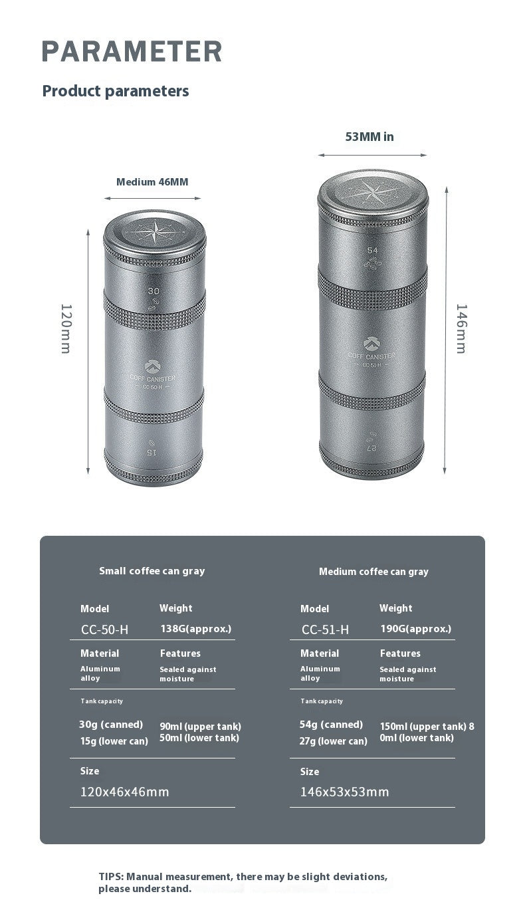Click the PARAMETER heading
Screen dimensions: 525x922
click(132, 51)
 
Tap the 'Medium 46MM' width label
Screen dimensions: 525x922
click(152, 182)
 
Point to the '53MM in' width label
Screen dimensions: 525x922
click(369, 137)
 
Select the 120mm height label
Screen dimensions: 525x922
click(66, 328)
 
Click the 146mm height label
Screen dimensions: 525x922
click(461, 328)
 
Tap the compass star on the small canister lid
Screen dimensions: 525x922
click(155, 232)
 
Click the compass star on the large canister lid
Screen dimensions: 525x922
click(372, 192)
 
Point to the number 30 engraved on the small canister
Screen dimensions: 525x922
click(154, 291)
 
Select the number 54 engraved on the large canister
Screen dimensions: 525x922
click(372, 250)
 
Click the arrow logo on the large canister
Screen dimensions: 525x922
click(371, 343)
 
